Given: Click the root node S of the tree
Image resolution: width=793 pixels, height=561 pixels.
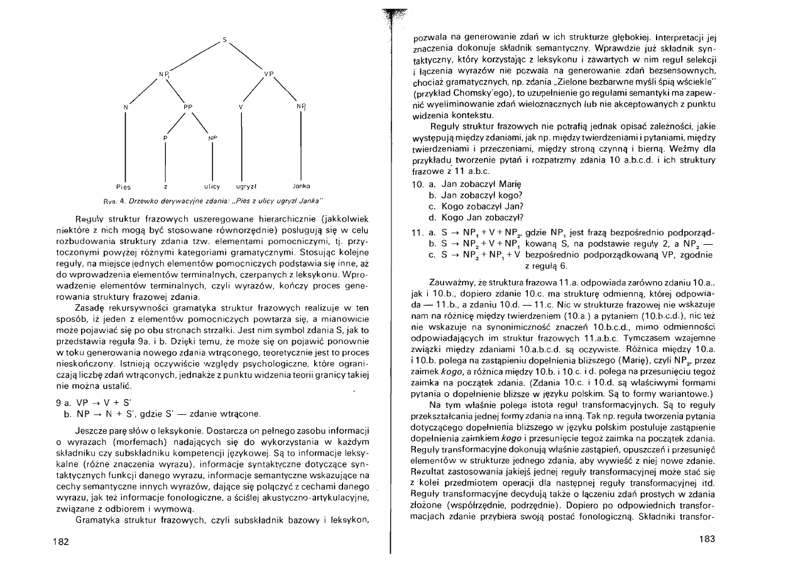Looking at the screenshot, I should tap(224, 40).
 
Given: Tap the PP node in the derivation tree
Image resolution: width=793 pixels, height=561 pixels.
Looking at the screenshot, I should tap(187, 107).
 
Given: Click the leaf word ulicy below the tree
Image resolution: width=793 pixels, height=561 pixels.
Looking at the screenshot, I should tap(211, 186).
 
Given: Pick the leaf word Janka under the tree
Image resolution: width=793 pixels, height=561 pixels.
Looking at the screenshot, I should tap(301, 186).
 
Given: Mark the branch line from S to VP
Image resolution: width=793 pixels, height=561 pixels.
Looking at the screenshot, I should tap(246, 57).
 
